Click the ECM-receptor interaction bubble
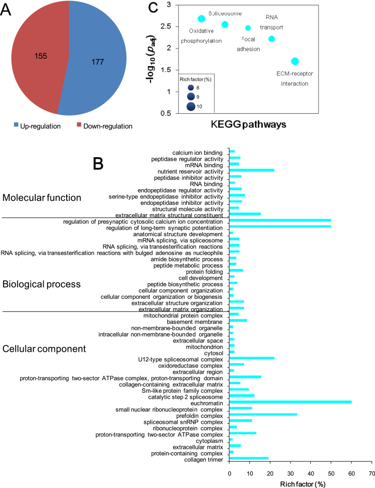click(x=295, y=61)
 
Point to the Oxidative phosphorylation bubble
click(x=201, y=19)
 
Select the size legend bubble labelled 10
click(x=190, y=106)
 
